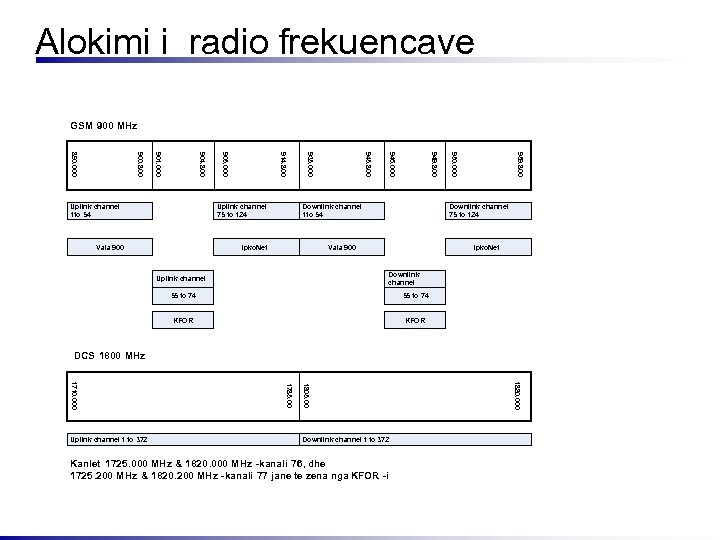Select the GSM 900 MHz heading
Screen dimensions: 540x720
pos(103,126)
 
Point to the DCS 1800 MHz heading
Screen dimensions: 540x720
pos(109,356)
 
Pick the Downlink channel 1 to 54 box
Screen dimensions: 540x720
pos(343,210)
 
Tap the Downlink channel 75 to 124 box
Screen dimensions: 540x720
pos(490,210)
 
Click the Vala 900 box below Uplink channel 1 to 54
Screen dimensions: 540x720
pos(109,246)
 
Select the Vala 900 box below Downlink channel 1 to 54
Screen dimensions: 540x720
pos(343,246)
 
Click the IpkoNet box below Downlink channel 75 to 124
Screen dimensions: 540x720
pos(490,246)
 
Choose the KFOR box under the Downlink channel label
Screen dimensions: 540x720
pos(416,321)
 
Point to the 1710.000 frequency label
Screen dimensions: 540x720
pos(73,393)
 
